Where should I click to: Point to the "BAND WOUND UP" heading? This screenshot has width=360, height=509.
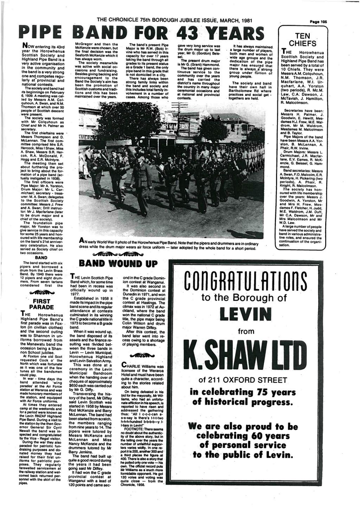(x=118, y=263)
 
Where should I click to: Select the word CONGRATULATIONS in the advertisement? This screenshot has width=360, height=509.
(x=245, y=281)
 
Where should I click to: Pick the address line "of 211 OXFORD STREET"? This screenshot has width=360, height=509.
(x=245, y=381)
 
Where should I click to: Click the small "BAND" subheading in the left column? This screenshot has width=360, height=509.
(x=40, y=257)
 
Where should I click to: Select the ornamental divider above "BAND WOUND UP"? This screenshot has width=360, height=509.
(x=118, y=254)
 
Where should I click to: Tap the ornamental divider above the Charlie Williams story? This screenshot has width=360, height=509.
(x=143, y=355)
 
